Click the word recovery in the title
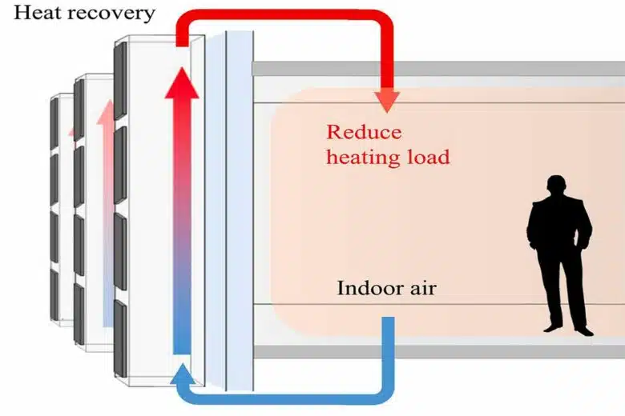click(x=109, y=14)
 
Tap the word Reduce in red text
click(x=364, y=132)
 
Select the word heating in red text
click(x=363, y=157)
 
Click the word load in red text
click(x=429, y=156)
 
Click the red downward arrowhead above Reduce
click(x=387, y=102)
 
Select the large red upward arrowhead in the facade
click(x=182, y=83)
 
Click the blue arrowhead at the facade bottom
click(x=183, y=374)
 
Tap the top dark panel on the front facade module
click(x=120, y=81)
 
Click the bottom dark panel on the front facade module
click(x=120, y=338)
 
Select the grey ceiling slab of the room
click(x=438, y=69)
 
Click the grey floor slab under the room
click(x=438, y=351)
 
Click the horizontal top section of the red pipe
click(x=285, y=16)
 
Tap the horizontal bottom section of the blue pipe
click(x=285, y=398)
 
